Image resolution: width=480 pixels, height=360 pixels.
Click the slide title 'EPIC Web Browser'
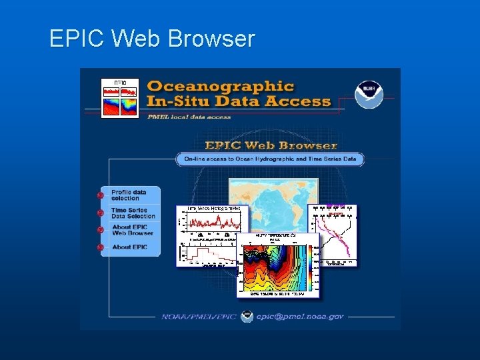click(152, 39)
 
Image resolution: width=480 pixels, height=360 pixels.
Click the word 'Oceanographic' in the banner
click(220, 85)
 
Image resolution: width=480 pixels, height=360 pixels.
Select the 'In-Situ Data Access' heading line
click(238, 101)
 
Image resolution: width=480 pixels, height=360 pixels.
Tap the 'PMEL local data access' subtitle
click(189, 117)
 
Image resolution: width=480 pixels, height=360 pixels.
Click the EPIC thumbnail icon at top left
click(119, 97)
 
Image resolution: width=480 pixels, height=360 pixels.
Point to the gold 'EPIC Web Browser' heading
click(270, 145)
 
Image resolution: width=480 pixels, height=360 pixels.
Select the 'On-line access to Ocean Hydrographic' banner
click(270, 159)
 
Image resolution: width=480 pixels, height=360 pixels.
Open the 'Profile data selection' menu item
click(129, 195)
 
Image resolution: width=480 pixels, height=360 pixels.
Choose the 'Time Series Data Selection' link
click(133, 213)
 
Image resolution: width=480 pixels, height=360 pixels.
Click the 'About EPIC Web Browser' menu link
click(132, 230)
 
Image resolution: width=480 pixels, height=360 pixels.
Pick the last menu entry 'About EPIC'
click(129, 247)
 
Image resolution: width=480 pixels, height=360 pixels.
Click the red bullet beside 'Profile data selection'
click(100, 195)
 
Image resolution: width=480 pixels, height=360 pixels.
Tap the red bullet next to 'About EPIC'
click(100, 247)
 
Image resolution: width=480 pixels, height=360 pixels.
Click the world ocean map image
click(273, 200)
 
